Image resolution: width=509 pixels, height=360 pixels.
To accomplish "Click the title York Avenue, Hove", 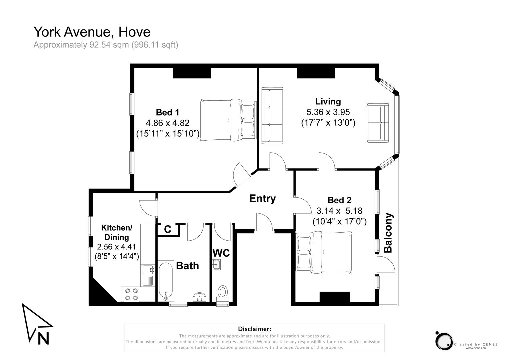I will [x=92, y=32].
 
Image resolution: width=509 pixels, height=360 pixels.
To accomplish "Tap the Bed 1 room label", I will [x=167, y=112].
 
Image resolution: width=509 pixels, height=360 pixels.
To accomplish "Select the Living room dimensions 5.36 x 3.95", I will [x=328, y=112].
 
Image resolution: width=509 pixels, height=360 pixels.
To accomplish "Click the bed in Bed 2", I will [x=323, y=252].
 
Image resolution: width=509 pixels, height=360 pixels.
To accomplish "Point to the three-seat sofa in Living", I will [x=272, y=116].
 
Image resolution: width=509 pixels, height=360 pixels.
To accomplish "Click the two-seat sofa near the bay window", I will [x=378, y=123].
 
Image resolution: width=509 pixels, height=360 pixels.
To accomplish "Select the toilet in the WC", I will [x=222, y=292].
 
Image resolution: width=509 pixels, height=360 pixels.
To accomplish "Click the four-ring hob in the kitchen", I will [x=131, y=294].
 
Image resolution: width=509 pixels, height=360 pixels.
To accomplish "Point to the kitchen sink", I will [x=148, y=269].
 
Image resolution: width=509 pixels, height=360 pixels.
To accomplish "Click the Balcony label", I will [x=388, y=233].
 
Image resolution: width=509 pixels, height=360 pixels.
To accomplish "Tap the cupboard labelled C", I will [x=168, y=229].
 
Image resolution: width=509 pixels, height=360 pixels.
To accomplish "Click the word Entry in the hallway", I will [x=262, y=199].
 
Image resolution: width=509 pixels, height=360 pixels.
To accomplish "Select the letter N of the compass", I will [x=43, y=338].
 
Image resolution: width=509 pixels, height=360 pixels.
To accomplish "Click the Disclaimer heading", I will [x=254, y=329].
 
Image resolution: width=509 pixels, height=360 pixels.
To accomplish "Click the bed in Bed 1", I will [x=228, y=120].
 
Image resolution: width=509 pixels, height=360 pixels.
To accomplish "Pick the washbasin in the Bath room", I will [x=200, y=297].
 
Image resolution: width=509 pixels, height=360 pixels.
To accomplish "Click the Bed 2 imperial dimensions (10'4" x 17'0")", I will [x=339, y=221].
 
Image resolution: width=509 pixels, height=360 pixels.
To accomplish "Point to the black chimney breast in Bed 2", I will [x=335, y=297].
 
